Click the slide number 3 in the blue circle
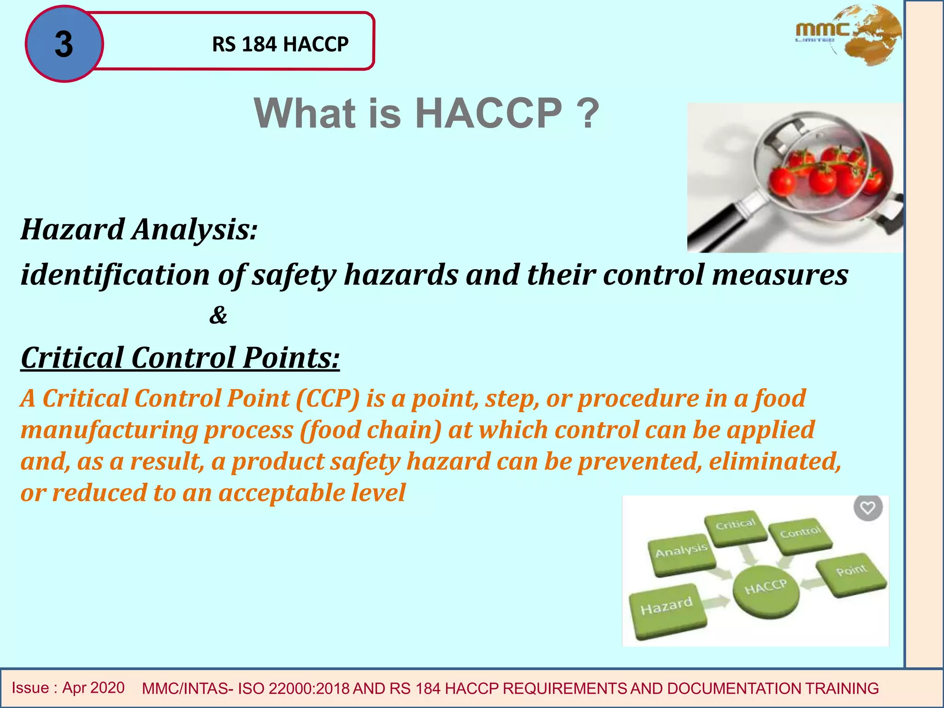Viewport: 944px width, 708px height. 64,44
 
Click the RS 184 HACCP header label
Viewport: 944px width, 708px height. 280,44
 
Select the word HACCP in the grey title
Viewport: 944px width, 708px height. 488,113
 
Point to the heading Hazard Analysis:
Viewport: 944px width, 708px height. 139,230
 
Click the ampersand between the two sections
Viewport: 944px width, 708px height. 218,315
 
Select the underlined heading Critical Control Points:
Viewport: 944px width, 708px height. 180,358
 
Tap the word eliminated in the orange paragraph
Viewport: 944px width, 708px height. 774,461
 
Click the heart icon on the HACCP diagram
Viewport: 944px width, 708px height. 868,508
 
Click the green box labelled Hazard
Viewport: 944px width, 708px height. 667,611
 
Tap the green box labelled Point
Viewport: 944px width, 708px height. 851,574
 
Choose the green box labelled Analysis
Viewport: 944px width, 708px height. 681,555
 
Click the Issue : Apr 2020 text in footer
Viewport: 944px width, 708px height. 68,688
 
